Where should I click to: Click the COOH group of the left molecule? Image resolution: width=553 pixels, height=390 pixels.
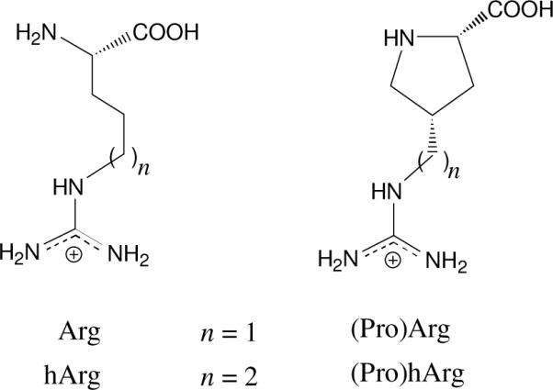[x=166, y=35]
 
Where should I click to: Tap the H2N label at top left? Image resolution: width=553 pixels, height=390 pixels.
[x=36, y=36]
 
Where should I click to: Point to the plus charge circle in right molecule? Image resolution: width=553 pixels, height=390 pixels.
[x=393, y=261]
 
